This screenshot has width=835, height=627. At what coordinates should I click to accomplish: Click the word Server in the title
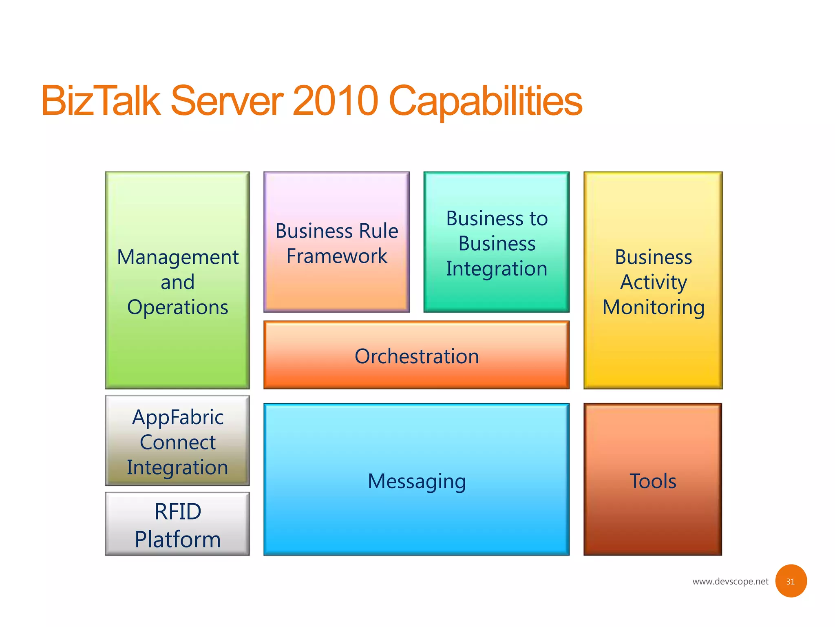pyautogui.click(x=227, y=100)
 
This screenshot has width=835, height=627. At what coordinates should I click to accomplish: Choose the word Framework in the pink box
pyautogui.click(x=337, y=256)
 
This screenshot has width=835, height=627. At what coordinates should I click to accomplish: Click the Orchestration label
pyautogui.click(x=417, y=356)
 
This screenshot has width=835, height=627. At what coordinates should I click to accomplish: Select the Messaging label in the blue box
pyautogui.click(x=417, y=481)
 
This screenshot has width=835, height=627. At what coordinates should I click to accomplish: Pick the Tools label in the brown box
pyautogui.click(x=653, y=481)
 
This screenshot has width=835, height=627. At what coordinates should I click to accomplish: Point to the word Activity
pyautogui.click(x=654, y=282)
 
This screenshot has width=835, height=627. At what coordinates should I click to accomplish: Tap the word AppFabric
pyautogui.click(x=178, y=418)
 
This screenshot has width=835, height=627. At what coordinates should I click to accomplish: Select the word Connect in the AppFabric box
pyautogui.click(x=178, y=442)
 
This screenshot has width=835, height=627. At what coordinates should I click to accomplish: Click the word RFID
pyautogui.click(x=178, y=511)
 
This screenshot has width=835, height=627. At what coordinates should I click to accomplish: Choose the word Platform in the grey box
pyautogui.click(x=178, y=540)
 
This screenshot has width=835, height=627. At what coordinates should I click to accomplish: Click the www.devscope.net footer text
pyautogui.click(x=730, y=581)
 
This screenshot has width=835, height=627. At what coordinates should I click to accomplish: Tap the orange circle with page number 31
pyautogui.click(x=791, y=581)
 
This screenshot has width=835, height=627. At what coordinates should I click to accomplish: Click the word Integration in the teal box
pyautogui.click(x=497, y=269)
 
